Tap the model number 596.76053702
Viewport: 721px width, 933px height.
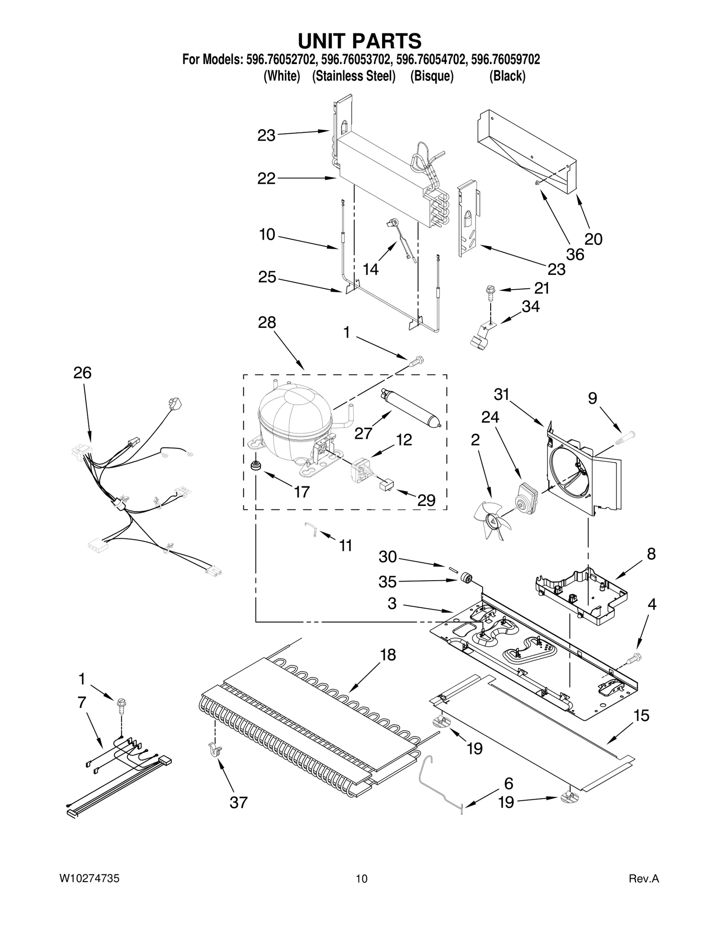356,59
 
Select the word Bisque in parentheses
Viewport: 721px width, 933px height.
431,76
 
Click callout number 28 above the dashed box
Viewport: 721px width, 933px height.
267,323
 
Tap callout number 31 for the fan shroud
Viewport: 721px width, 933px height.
501,395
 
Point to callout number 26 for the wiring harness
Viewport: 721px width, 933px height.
82,373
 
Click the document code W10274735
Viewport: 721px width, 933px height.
90,891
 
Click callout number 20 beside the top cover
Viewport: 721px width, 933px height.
593,239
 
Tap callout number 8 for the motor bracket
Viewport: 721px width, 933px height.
651,554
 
